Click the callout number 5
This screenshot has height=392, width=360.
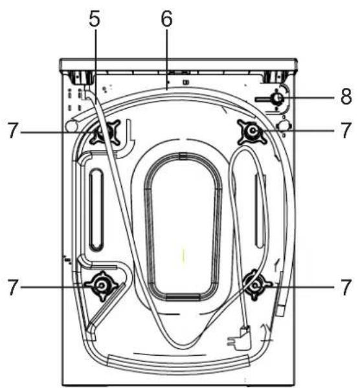tap(95, 19)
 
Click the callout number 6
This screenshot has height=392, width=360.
tap(166, 19)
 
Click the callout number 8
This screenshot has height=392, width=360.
tap(346, 96)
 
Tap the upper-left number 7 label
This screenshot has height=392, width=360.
tap(13, 130)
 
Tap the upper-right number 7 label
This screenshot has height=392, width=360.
tap(346, 130)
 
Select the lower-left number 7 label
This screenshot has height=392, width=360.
tap(13, 287)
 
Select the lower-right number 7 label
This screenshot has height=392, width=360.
tap(346, 287)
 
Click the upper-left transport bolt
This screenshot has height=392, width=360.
tap(105, 132)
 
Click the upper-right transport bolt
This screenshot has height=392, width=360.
tap(253, 131)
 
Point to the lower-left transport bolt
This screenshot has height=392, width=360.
tap(101, 286)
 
